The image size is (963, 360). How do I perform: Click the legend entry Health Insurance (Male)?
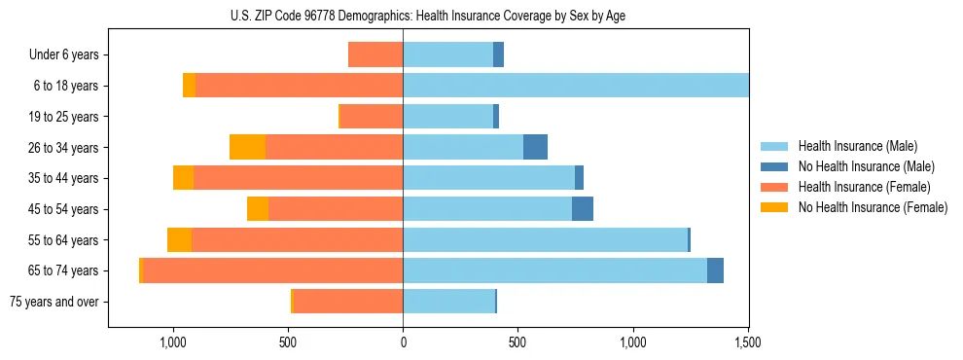(857, 146)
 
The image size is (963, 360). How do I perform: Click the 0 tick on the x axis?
(403, 342)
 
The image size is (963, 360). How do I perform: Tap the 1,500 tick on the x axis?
(748, 342)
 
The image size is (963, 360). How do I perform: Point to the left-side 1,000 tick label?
(172, 342)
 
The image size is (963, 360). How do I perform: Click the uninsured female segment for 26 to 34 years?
(247, 147)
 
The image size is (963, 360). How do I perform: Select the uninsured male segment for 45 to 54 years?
(583, 209)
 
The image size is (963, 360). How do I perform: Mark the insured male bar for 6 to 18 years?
(576, 86)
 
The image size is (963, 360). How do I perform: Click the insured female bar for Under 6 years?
(375, 55)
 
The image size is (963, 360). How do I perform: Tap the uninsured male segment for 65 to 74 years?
(715, 270)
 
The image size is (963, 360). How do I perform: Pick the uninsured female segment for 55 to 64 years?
(179, 240)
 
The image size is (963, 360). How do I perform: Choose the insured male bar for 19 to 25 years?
(447, 117)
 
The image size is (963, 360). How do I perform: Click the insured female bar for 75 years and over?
(348, 302)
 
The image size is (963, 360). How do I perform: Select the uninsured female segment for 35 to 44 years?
(183, 178)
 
